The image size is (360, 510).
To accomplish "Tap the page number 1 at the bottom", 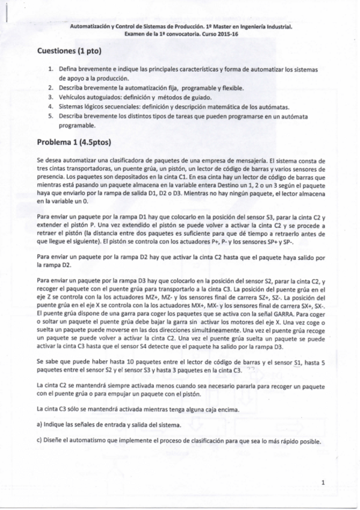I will [323, 482].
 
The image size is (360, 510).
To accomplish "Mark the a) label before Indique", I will [40, 424].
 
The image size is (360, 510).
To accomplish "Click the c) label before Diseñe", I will [40, 443].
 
